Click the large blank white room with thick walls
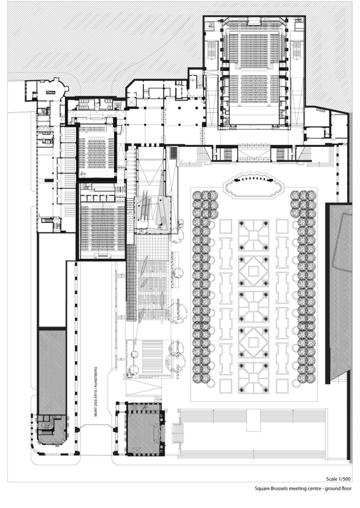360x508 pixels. [x=56, y=279]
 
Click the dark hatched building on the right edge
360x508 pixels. [x=338, y=293]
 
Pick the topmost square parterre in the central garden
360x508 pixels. [x=254, y=235]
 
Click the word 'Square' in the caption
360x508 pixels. [x=263, y=489]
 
